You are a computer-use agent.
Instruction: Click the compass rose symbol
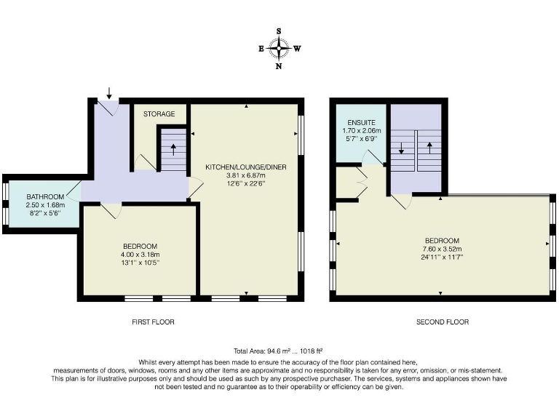[279, 49]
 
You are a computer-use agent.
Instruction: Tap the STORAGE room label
[159, 114]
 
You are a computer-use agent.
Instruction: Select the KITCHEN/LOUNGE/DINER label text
[246, 167]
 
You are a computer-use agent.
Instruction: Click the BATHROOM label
[46, 197]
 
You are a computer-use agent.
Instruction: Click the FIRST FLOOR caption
[154, 322]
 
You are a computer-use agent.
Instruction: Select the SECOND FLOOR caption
[442, 322]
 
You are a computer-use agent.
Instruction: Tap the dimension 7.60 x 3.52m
[442, 249]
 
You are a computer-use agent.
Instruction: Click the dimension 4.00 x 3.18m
[139, 255]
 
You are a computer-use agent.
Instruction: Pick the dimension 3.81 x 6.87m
[246, 175]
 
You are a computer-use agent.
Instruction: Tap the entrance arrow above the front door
[109, 92]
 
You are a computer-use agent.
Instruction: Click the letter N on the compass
[279, 66]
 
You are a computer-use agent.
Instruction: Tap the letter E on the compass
[261, 49]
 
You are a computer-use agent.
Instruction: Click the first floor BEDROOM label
[139, 246]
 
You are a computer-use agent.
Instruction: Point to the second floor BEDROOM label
[442, 241]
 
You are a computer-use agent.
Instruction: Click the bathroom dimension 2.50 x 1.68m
[46, 205]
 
